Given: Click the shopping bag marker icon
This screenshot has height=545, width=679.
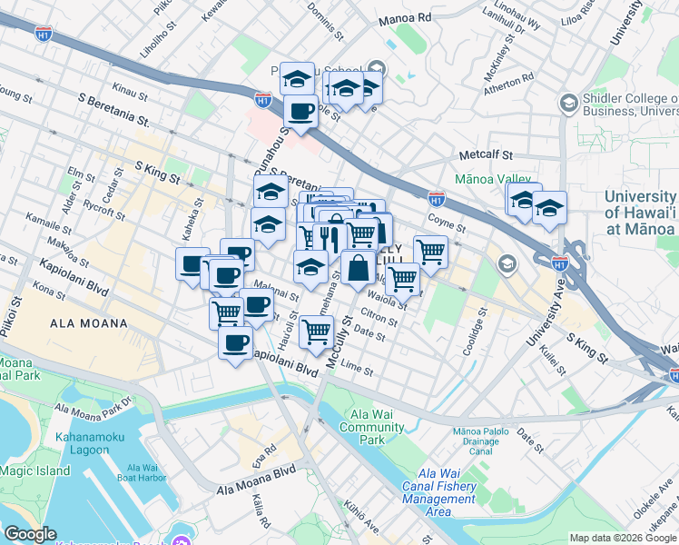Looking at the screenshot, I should point(359,269).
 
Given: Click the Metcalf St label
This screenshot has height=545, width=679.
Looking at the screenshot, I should point(486,155).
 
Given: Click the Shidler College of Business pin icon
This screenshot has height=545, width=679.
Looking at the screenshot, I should point(568,102).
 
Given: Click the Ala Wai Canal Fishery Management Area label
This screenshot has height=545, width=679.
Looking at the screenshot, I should point(438,493).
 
